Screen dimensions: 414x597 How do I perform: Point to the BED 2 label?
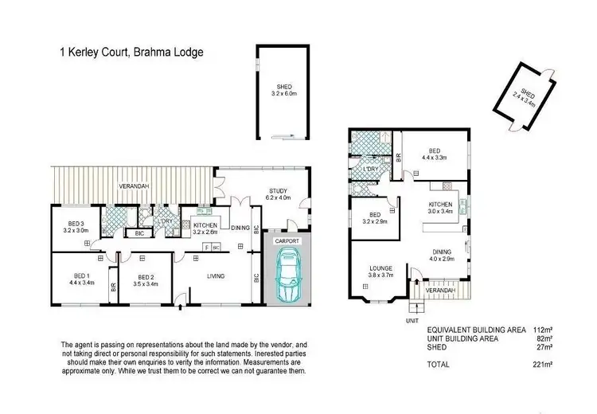click(145, 279)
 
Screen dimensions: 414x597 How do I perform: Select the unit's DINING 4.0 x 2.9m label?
click(442, 255)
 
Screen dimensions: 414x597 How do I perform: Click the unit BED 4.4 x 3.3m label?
click(435, 154)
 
